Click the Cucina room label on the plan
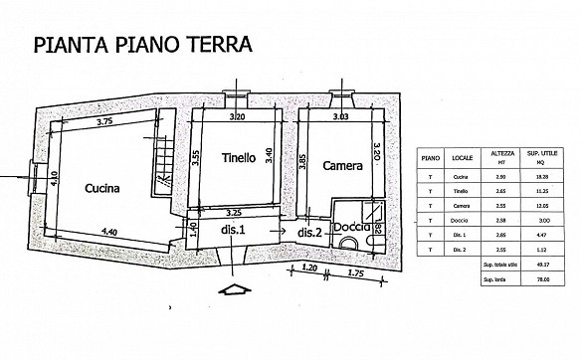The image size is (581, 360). point(102,187)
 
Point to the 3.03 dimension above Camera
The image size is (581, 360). point(339,116)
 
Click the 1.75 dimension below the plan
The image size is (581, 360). point(356,270)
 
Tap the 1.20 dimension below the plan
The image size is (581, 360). point(309,270)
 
